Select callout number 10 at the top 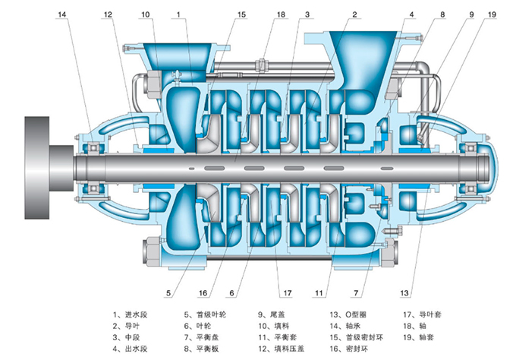[146, 14]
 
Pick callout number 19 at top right [470, 14]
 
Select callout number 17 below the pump [287, 292]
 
